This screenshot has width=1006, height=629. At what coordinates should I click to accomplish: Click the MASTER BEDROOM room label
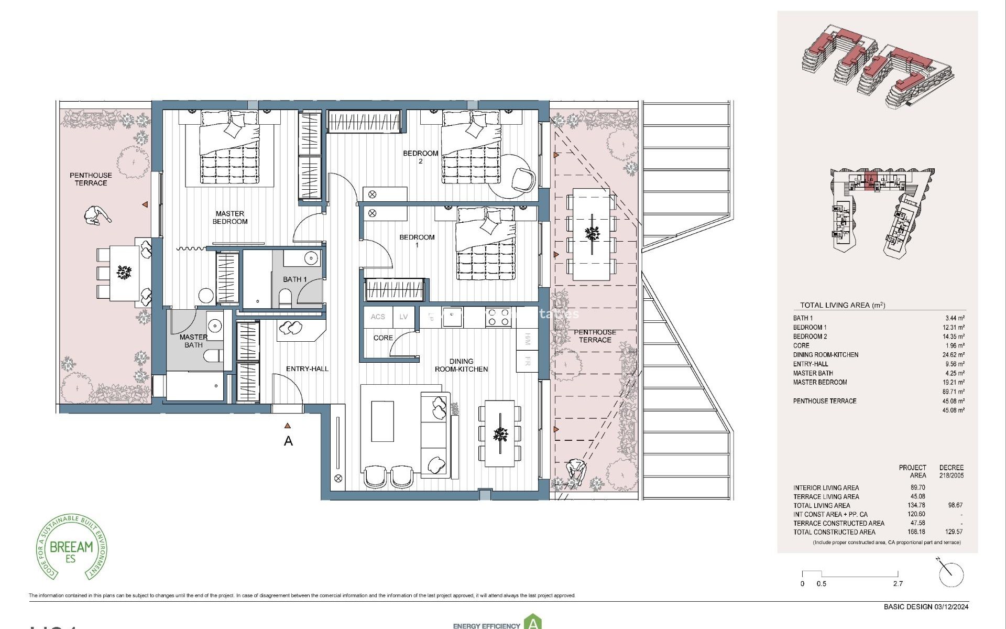pos(230,218)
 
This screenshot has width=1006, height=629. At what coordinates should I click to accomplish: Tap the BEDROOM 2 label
pos(420,157)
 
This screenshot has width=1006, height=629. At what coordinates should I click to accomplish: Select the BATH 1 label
pos(294,279)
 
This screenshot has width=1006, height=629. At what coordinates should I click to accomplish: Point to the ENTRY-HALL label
pos(307,369)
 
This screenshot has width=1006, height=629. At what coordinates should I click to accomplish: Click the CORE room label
pos(383,338)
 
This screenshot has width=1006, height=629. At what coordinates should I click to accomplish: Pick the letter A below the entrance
pos(288,441)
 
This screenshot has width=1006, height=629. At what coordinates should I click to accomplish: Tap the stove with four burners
pos(498,318)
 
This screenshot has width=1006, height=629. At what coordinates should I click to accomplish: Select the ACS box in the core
pos(378,317)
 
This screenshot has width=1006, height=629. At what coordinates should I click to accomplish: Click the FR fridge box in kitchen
pos(527,361)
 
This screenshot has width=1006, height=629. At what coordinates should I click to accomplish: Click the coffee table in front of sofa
pos(382,421)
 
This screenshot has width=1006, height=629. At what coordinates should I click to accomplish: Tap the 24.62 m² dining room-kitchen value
pos(953,355)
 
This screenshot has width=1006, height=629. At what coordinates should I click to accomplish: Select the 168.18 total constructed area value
pos(916,532)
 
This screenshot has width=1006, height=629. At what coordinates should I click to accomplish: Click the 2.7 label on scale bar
pos(898,584)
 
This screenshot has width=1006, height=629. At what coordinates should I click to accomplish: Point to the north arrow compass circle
pos(952,575)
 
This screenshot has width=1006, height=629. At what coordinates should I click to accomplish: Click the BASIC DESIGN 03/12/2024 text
pos(926,607)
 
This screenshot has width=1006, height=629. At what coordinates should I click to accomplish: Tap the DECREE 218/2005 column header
pos(951,471)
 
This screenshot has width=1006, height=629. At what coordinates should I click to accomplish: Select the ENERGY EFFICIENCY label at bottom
pos(486,626)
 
